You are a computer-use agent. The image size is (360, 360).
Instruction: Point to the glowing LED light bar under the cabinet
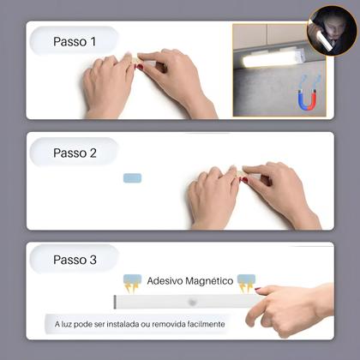(x=273, y=60)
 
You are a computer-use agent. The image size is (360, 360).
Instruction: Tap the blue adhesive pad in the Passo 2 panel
(x=132, y=178)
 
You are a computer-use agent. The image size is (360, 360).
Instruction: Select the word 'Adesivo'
(x=164, y=280)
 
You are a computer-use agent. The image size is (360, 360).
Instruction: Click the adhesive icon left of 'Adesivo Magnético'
(x=132, y=282)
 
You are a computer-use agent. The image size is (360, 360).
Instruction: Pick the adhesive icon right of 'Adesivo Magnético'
(x=246, y=282)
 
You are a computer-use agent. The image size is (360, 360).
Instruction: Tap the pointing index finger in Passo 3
(x=261, y=292)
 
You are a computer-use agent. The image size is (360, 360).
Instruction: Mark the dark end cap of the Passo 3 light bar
(x=115, y=303)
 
